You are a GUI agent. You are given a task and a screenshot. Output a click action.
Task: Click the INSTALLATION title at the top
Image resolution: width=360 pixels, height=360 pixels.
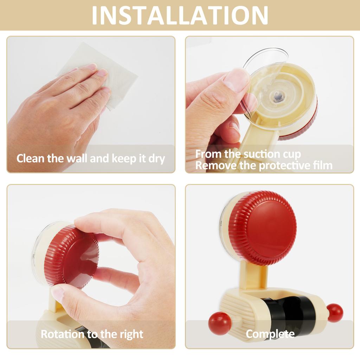tap(180, 15)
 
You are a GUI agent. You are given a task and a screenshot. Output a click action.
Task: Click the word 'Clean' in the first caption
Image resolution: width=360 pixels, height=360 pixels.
tap(31, 158)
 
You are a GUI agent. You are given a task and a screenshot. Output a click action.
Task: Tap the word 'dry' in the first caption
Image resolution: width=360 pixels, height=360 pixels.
tap(157, 159)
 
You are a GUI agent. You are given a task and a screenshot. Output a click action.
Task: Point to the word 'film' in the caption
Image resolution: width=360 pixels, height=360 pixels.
tap(321, 165)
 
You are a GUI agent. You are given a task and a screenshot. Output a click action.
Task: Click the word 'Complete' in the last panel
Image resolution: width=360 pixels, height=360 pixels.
tap(270, 334)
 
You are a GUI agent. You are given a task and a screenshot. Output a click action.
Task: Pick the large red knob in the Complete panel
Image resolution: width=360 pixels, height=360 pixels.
tap(263, 228)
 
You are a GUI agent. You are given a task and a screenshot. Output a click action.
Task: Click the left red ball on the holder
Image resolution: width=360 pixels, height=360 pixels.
tap(220, 323)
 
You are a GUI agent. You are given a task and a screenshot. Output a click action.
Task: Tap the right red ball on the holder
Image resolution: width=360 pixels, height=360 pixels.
tap(335, 313)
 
